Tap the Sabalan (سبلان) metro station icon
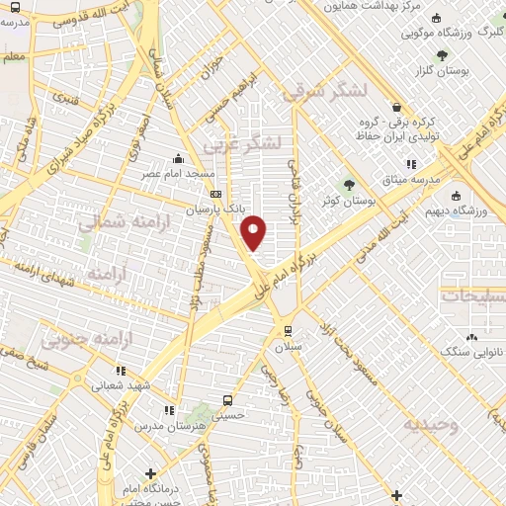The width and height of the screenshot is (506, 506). tap(288, 331)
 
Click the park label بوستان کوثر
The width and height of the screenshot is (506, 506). tap(348, 203)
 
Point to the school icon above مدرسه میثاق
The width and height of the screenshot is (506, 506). tap(410, 165)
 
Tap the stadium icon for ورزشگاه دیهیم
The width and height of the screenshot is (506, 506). tap(456, 195)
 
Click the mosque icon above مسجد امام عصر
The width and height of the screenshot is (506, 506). tap(178, 158)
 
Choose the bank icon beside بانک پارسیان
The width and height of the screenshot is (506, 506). tap(215, 195)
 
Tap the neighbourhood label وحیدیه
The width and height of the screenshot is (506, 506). tap(429, 424)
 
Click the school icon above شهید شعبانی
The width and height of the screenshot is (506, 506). tap(121, 372)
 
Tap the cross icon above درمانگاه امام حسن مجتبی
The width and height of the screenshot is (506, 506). tap(149, 473)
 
